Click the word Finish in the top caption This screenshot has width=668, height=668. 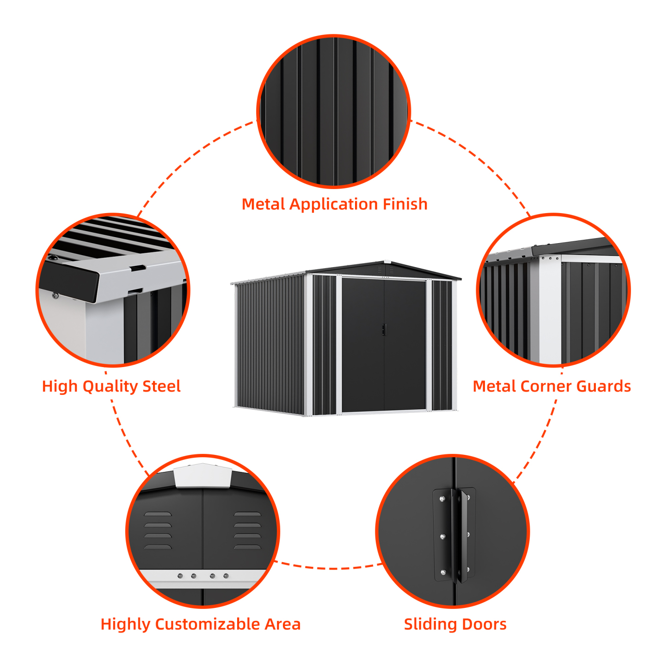coord(404,204)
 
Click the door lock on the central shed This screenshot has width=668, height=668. coord(383,329)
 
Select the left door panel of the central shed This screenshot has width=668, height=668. coord(363,344)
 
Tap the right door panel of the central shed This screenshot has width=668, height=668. coord(404,344)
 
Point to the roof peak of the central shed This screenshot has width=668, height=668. coord(387,262)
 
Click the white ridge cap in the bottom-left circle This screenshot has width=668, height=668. coord(202,476)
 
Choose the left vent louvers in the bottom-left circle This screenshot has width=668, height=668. coord(158,531)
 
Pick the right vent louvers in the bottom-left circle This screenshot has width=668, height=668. coord(247,531)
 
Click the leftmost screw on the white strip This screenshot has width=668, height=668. coord(180,576)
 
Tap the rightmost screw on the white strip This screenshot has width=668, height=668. coord(226,576)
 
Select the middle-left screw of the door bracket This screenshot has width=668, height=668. coord(443,537)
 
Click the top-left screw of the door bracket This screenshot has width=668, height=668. coord(442,499)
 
